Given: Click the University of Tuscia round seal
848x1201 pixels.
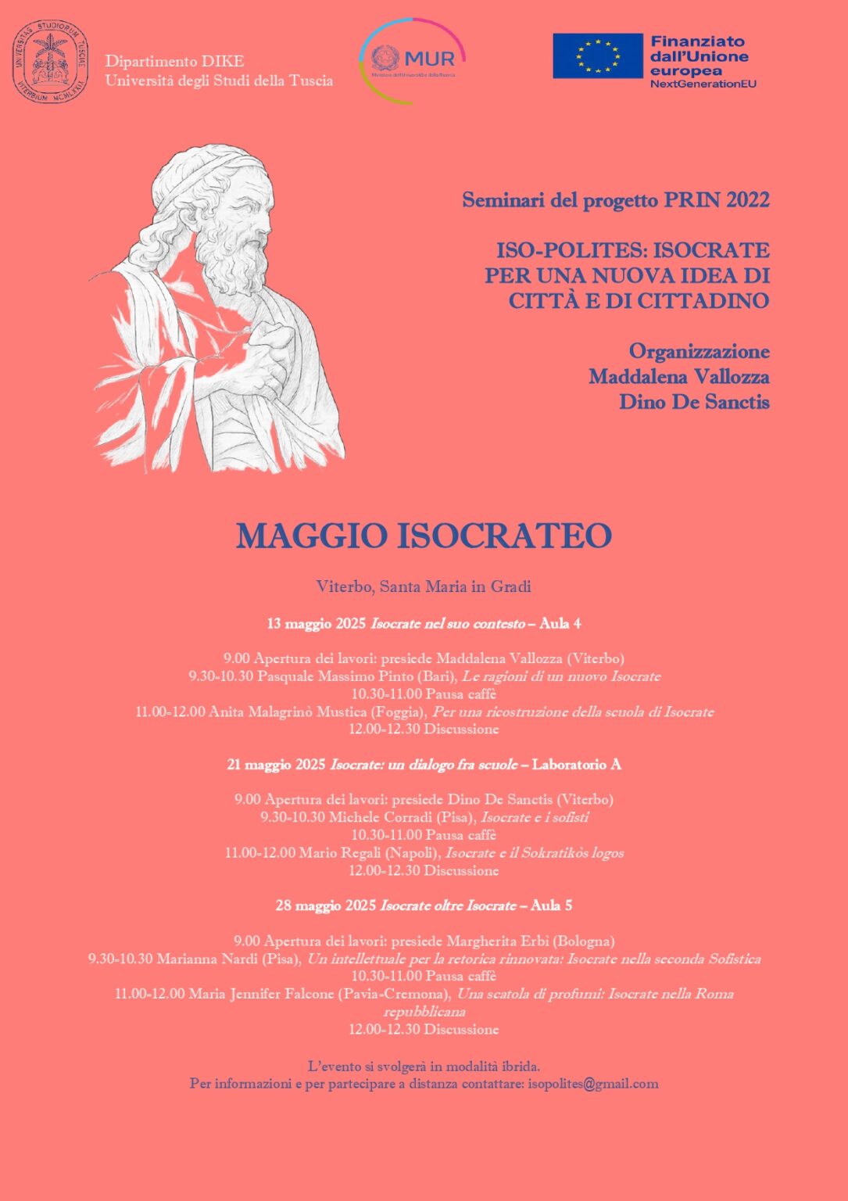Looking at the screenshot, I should [50, 63].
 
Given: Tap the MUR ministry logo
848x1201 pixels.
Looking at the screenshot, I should [412, 61].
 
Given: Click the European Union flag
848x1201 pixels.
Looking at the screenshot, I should [597, 56].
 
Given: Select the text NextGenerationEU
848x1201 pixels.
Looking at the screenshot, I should [703, 84].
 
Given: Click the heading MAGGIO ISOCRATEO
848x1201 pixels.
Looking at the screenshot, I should [424, 536].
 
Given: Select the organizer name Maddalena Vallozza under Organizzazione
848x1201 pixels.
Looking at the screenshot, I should [678, 377].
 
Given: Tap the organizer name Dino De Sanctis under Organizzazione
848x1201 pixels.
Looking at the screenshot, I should [694, 402].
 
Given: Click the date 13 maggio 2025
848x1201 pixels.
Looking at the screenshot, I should [317, 624].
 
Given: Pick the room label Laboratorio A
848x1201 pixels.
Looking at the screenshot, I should [576, 765].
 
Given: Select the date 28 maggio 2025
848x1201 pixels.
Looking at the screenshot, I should [326, 905].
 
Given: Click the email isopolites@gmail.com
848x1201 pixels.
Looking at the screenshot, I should [592, 1084].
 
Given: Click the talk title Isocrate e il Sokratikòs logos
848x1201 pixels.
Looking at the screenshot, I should [535, 853].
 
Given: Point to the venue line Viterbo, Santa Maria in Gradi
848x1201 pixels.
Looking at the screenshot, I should [424, 586].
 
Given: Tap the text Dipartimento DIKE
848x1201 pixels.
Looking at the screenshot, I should [175, 61].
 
